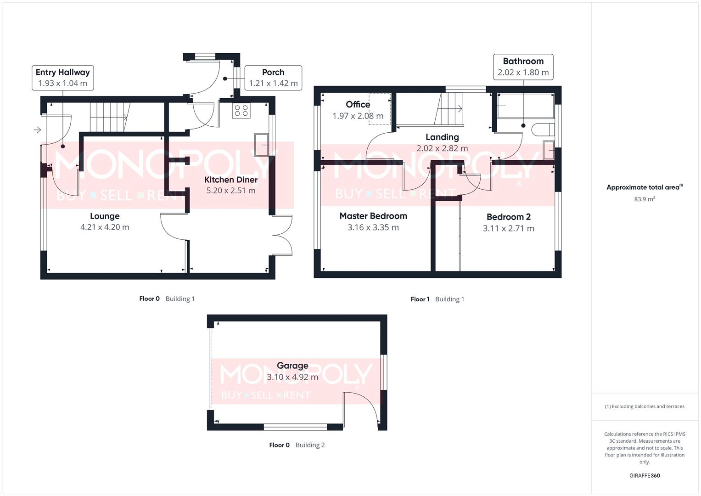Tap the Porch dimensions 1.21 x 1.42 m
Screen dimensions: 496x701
pyautogui.click(x=273, y=84)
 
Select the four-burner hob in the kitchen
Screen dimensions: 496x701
pyautogui.click(x=241, y=111)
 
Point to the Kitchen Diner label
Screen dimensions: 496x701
pyautogui.click(x=231, y=180)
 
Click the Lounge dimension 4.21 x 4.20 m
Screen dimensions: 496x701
pyautogui.click(x=105, y=227)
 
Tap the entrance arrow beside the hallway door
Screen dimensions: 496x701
pyautogui.click(x=37, y=130)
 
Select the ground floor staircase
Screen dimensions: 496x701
pyautogui.click(x=108, y=117)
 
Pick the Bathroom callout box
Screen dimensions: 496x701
pyautogui.click(x=523, y=67)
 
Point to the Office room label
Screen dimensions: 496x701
pyautogui.click(x=358, y=105)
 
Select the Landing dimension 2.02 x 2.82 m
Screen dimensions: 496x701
pyautogui.click(x=442, y=148)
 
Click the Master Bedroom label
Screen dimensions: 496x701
pyautogui.click(x=373, y=216)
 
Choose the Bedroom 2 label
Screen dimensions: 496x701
pyautogui.click(x=508, y=217)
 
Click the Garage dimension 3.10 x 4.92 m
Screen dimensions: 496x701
pyautogui.click(x=292, y=377)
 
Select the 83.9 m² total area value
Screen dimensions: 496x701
pyautogui.click(x=645, y=199)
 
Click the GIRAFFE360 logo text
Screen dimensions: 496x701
pyautogui.click(x=645, y=475)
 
